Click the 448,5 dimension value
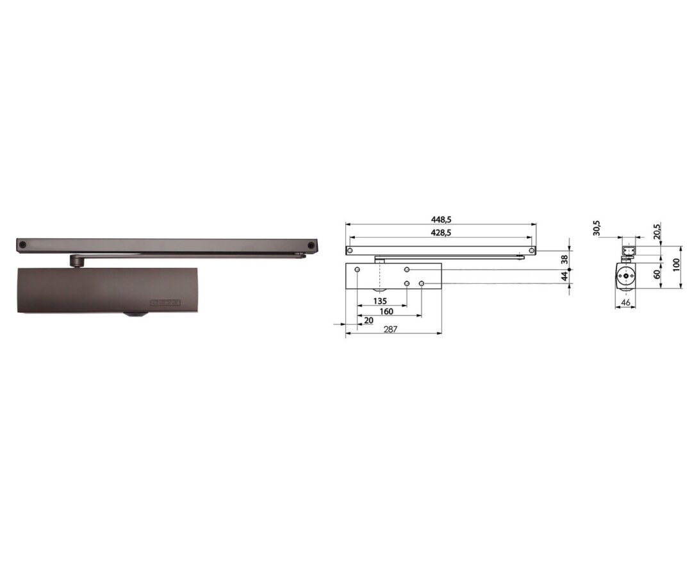(x=441, y=219)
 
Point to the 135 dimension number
(x=380, y=301)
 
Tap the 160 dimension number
(x=386, y=311)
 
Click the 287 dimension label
(x=391, y=329)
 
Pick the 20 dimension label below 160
(x=369, y=320)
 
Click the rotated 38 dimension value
(x=564, y=260)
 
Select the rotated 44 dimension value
(x=564, y=277)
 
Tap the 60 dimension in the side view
(x=657, y=274)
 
